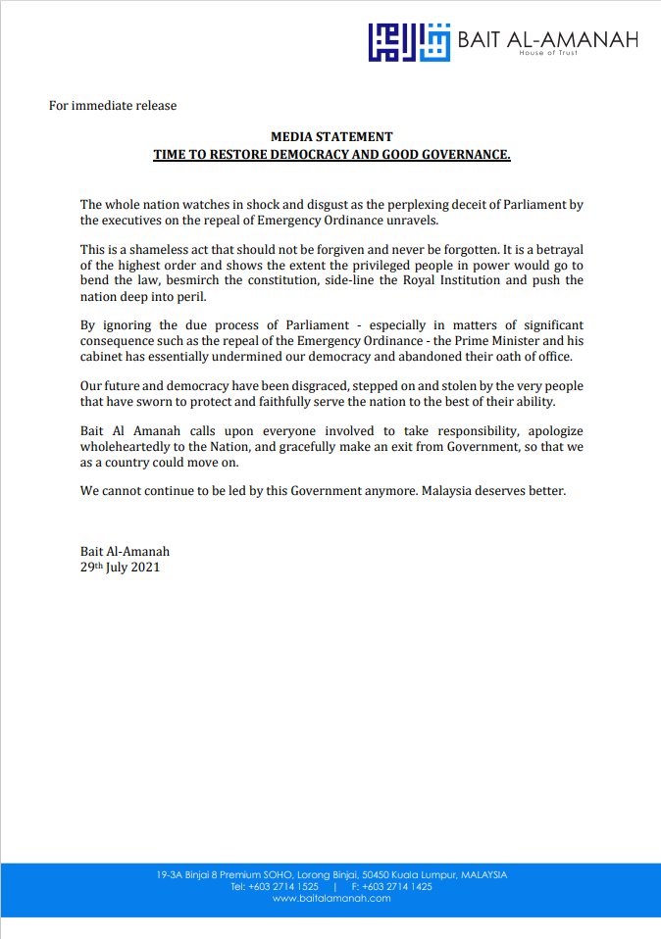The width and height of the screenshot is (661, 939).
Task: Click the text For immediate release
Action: coord(113,105)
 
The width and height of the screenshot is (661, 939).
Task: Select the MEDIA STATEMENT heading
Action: coord(331,137)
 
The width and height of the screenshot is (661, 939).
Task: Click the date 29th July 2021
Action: coord(120,567)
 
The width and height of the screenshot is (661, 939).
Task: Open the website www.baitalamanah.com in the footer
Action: coord(331,898)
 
